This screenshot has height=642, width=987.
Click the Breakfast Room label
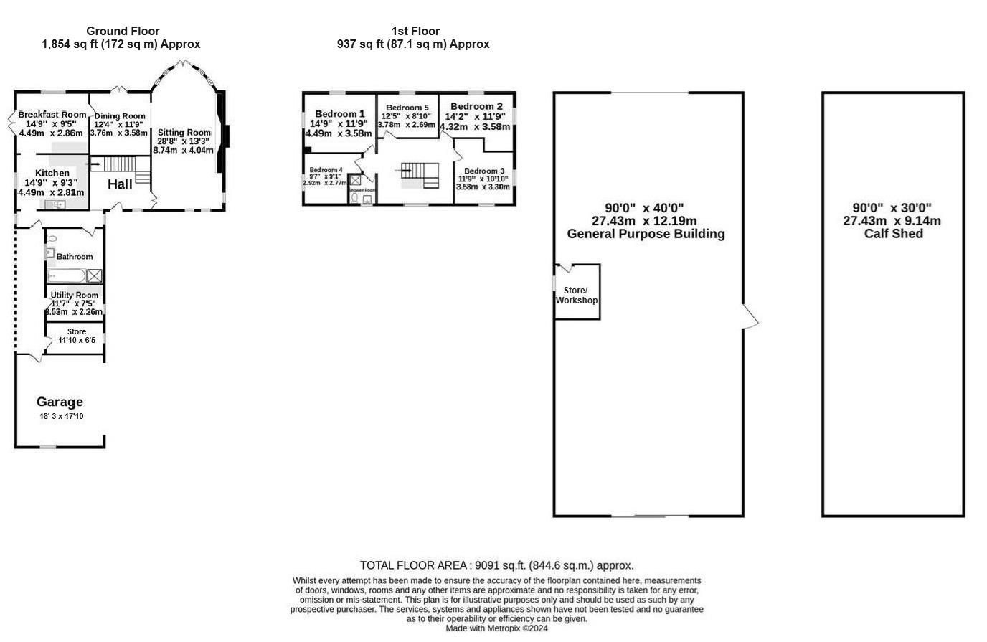tap(52, 115)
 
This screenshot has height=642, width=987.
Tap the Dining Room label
tap(120, 116)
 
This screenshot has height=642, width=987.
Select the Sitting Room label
tap(184, 133)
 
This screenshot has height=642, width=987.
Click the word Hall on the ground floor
tap(120, 184)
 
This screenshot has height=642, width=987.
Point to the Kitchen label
tap(52, 173)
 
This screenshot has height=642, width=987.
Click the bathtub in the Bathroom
tap(66, 275)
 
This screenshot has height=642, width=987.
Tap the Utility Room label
tap(75, 295)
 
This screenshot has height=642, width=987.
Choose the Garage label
tap(60, 402)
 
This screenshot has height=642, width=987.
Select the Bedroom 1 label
tap(340, 114)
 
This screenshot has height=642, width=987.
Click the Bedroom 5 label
tap(407, 108)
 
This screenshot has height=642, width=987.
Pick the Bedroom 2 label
tap(476, 106)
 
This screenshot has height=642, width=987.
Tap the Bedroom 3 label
tap(484, 171)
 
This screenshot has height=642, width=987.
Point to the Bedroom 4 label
tap(326, 169)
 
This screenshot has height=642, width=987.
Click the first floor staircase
tap(420, 174)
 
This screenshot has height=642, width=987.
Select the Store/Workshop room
tap(577, 294)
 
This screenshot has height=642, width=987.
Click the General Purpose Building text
tap(646, 234)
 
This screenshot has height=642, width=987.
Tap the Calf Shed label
tap(893, 234)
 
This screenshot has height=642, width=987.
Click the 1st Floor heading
tap(415, 31)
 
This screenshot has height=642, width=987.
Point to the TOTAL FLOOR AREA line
tap(496, 565)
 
